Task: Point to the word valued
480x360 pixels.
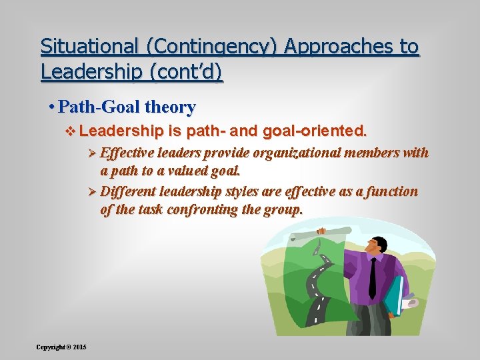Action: pyautogui.click(x=177, y=170)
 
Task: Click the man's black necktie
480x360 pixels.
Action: pyautogui.click(x=372, y=277)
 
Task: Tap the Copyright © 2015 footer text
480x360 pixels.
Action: pyautogui.click(x=61, y=347)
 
